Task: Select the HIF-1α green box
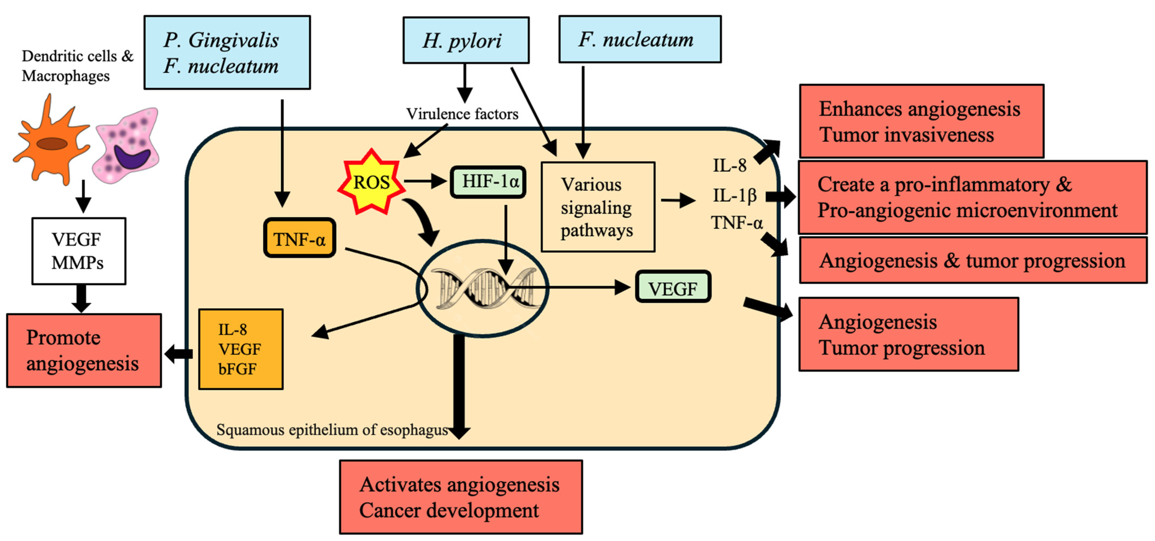coord(488,182)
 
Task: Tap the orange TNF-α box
coord(299,238)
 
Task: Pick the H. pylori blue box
coord(466,40)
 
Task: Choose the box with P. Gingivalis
coord(227,52)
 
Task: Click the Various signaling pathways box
coord(598,207)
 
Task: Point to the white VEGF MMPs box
coord(79,251)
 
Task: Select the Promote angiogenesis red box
coord(84,350)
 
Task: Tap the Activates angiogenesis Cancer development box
coord(461,497)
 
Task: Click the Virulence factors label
coord(462,114)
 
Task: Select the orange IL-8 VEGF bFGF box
coord(241,349)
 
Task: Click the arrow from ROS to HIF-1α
coord(425,181)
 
